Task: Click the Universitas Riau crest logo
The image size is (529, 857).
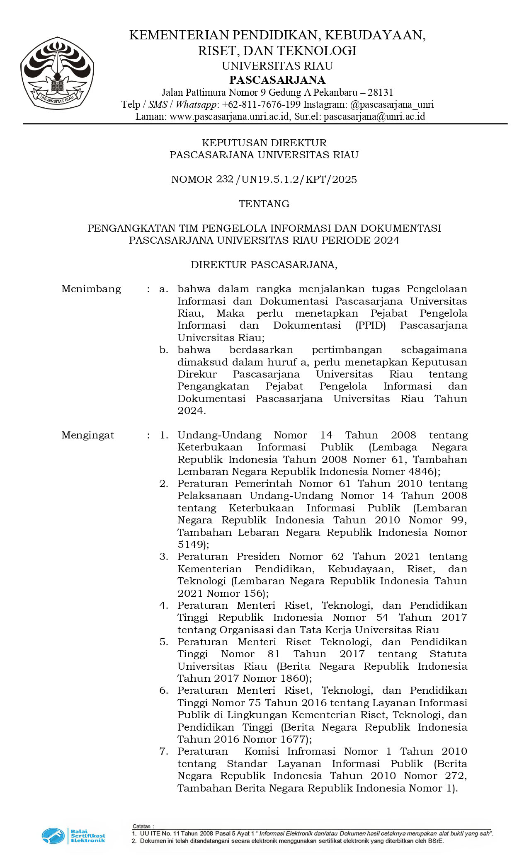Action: (x=57, y=73)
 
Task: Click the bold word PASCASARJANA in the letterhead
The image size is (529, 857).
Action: (x=277, y=80)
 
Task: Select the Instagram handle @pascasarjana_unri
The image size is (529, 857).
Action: (x=392, y=104)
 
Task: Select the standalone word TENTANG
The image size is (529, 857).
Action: (x=264, y=204)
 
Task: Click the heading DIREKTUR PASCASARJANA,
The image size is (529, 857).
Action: (x=264, y=265)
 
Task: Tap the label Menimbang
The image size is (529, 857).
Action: (x=91, y=289)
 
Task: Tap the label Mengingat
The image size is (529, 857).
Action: (x=87, y=435)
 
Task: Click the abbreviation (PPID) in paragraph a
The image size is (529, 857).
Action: (x=371, y=325)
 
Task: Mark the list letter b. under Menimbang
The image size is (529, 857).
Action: (x=164, y=350)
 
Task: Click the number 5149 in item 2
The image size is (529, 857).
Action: (x=190, y=545)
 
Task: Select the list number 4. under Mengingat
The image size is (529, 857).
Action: (x=164, y=605)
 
